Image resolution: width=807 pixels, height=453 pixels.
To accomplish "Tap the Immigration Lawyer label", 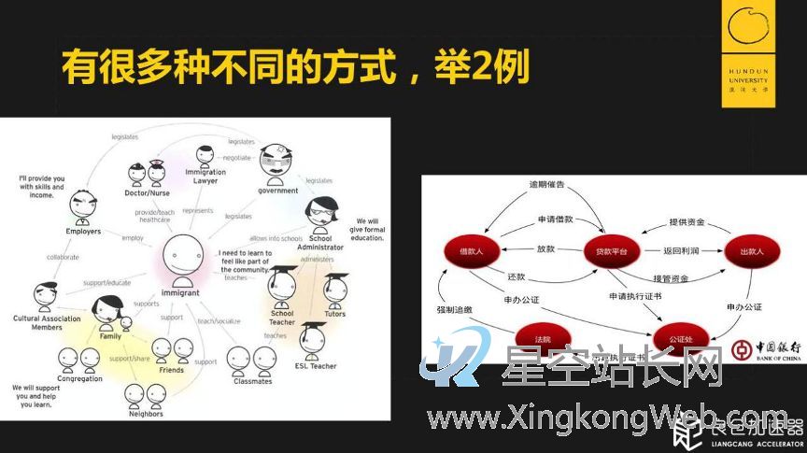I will [x=205, y=177].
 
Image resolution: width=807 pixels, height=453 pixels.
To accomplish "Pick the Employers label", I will [x=83, y=231].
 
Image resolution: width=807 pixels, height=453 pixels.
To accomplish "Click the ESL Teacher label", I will [x=316, y=365].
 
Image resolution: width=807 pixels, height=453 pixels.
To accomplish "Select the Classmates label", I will [x=252, y=381].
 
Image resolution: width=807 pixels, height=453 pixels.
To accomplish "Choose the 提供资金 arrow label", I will [x=687, y=221].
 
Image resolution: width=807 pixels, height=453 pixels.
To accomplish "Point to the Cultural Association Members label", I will [x=47, y=323].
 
